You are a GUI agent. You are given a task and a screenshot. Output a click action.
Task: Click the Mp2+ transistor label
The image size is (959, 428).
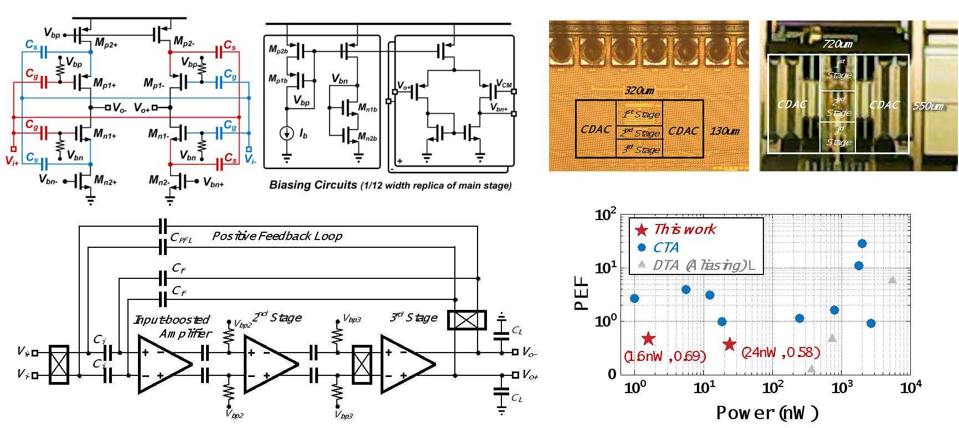point(106,43)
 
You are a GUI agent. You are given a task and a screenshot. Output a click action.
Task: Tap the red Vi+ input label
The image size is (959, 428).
point(12,160)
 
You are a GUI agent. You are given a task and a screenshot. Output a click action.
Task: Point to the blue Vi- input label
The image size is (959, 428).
point(250,160)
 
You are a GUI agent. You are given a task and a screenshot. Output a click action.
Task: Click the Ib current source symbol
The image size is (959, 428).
point(286,133)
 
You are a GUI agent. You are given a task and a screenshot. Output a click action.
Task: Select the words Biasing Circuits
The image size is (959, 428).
point(313,185)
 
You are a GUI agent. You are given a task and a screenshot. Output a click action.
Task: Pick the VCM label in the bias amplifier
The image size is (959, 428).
point(504,84)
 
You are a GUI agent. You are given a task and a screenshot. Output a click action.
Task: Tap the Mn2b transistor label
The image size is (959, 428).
point(367,137)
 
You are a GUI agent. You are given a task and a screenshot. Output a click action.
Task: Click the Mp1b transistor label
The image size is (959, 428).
point(278,79)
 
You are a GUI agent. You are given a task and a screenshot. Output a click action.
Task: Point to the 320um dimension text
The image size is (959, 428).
point(639,91)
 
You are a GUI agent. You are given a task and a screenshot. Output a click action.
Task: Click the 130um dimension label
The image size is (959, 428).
point(725,131)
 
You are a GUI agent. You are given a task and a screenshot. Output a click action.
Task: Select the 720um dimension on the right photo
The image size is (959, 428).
point(838,44)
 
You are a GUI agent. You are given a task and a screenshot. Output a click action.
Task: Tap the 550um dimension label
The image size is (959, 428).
point(928,106)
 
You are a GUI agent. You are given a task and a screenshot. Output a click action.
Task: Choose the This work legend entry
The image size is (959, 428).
point(685,230)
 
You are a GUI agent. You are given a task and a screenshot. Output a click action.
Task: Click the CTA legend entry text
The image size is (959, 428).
point(665,248)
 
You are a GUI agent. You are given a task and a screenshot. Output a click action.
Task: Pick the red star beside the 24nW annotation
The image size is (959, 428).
point(730,344)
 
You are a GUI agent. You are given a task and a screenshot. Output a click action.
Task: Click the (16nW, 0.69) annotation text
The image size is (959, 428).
point(665,356)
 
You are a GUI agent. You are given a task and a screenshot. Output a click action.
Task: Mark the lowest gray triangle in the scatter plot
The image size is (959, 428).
point(812,368)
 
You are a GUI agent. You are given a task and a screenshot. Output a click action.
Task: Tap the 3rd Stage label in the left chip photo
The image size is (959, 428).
point(640,150)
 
